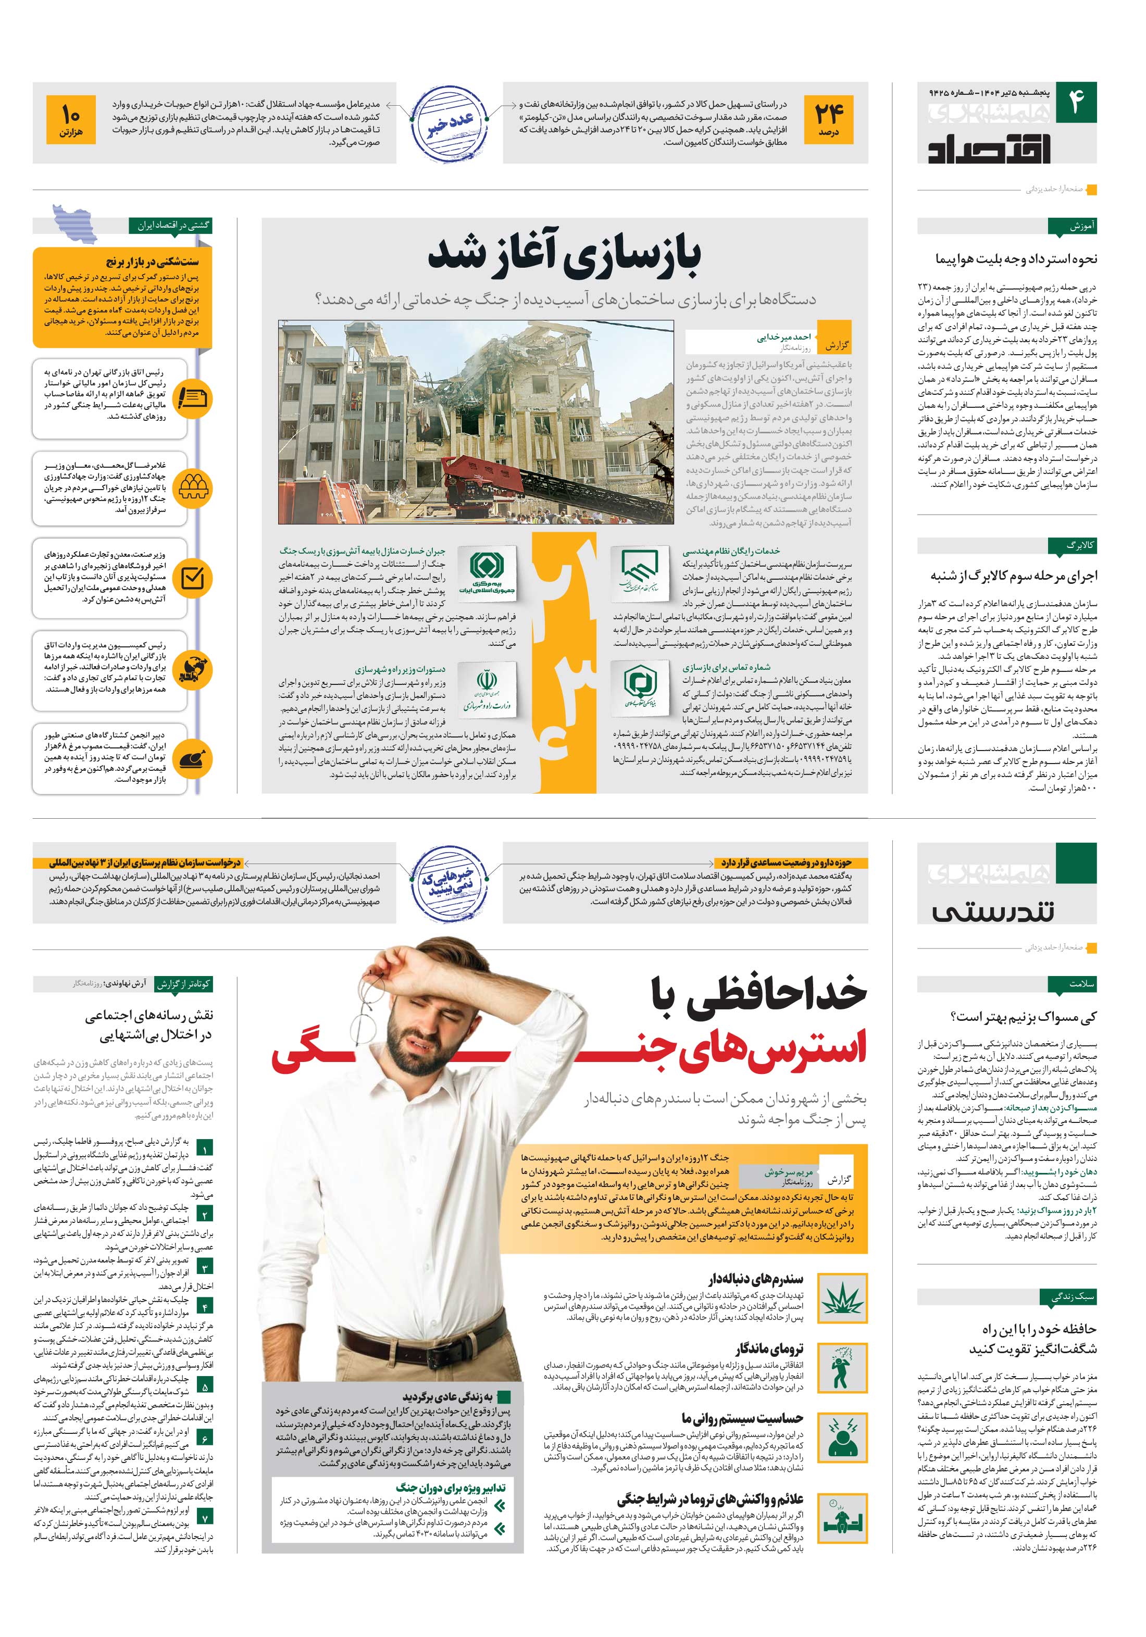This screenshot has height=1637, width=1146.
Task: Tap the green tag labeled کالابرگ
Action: [x=1072, y=545]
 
